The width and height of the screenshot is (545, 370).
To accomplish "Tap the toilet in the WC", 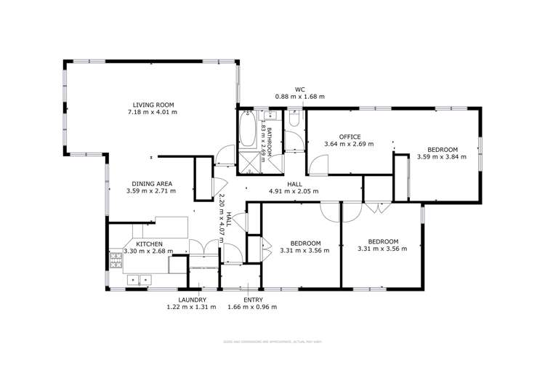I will tap(294, 120).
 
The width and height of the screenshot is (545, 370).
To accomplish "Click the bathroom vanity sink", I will tap(267, 116).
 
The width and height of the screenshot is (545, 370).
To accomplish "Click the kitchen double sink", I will tap(137, 279).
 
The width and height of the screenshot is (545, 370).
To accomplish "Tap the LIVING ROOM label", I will tap(153, 105).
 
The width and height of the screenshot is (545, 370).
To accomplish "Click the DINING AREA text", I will tap(153, 184).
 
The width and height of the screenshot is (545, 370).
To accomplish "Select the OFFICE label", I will tap(349, 136).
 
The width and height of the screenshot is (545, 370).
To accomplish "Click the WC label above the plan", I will tap(299, 89).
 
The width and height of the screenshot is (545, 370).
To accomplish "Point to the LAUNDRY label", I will tap(193, 299).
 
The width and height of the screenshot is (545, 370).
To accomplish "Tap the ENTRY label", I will tap(253, 299).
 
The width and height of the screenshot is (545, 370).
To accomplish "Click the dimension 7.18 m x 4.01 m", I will tap(153, 113).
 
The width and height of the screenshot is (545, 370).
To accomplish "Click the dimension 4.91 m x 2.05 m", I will tap(294, 192).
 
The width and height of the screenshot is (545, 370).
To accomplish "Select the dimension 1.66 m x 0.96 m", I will tap(253, 307).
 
